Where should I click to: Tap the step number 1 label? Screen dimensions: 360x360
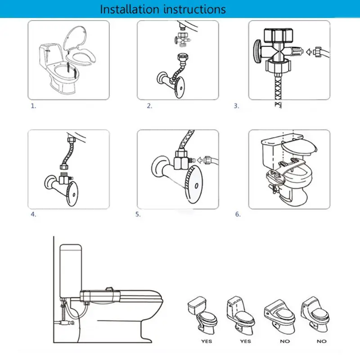click(33, 106)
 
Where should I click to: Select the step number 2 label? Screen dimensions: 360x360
click(149, 106)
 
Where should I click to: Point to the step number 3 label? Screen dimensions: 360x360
click(236, 106)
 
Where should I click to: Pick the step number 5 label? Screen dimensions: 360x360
click(138, 215)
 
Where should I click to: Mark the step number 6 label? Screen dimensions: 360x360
click(238, 214)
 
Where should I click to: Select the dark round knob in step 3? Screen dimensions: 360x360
click(257, 50)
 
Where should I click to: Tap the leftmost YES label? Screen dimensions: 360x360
click(207, 342)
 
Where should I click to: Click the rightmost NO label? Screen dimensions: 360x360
click(321, 342)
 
